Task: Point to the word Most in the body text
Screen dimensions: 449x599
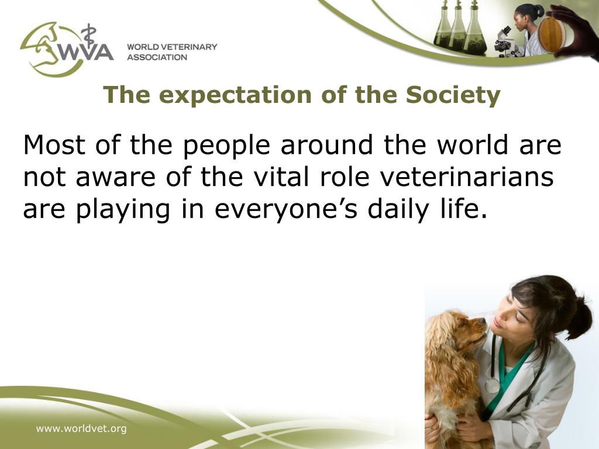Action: tap(53, 145)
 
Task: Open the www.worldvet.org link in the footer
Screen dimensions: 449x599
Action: tap(81, 429)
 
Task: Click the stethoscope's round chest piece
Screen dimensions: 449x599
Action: tap(493, 386)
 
